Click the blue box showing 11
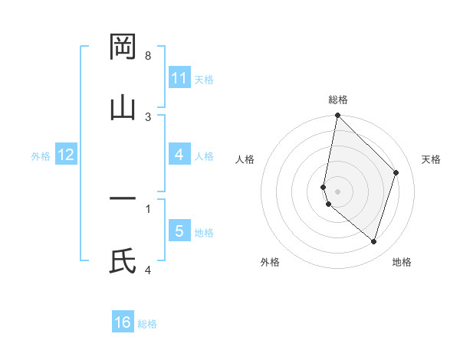[179, 77]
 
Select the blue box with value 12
[66, 155]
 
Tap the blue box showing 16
[123, 322]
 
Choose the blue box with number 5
[179, 231]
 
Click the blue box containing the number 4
[179, 155]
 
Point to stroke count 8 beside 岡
[148, 55]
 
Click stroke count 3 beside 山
[148, 116]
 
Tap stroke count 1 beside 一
[148, 208]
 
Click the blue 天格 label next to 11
[204, 79]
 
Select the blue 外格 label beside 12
[41, 156]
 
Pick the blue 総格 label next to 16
[147, 324]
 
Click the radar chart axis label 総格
[338, 100]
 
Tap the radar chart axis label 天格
[431, 159]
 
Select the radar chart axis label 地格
[402, 262]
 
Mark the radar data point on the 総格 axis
[337, 115]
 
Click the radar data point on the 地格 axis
[373, 241]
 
